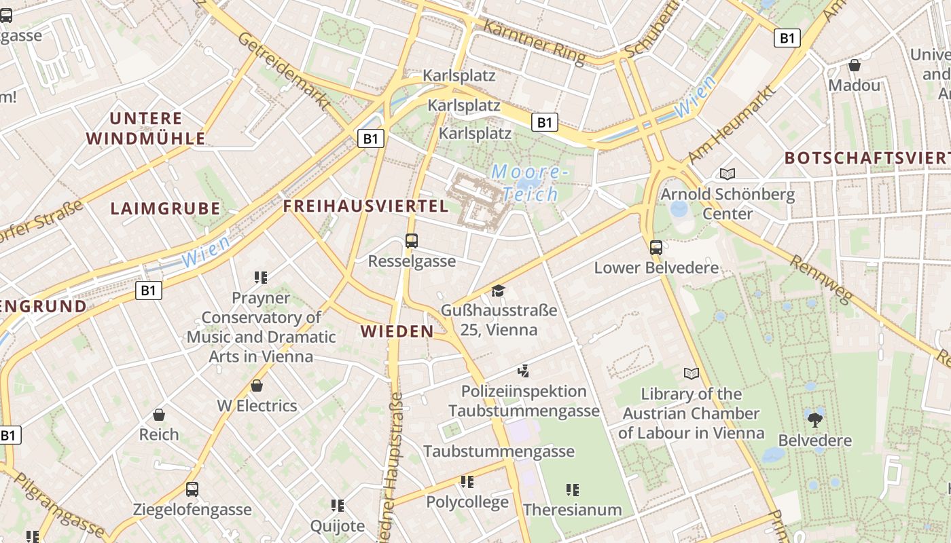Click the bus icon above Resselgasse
(411, 240)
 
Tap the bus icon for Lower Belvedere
(656, 247)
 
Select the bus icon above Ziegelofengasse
(192, 489)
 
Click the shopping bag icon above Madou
(855, 65)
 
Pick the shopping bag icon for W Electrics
(257, 386)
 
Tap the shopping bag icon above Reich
(159, 414)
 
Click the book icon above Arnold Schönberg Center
(728, 174)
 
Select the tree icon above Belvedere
(814, 419)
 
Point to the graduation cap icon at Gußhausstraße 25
(499, 291)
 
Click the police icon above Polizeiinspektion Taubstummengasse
(523, 371)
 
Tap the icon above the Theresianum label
(573, 489)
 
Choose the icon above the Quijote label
(338, 505)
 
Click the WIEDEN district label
(397, 331)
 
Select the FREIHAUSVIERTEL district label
(365, 206)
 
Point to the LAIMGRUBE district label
(165, 208)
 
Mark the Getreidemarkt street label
(284, 71)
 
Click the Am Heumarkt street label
(732, 124)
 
